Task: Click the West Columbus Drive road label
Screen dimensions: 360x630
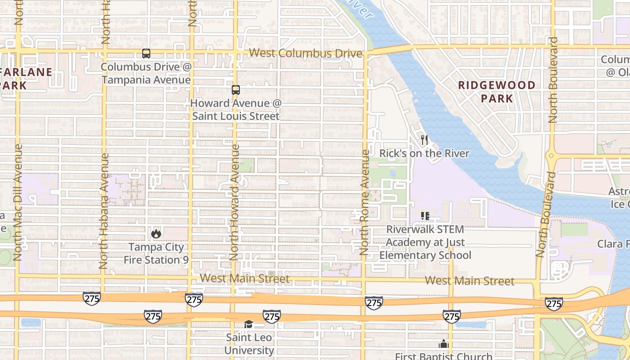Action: click(305, 53)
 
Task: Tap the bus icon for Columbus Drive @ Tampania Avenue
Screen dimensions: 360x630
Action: click(146, 54)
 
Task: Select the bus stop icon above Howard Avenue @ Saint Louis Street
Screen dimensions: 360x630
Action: click(236, 90)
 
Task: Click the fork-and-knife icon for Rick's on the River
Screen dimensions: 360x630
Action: click(424, 140)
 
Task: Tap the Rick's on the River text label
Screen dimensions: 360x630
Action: click(424, 153)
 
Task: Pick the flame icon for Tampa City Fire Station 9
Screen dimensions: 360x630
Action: click(156, 233)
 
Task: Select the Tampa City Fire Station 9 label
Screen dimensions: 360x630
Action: click(156, 253)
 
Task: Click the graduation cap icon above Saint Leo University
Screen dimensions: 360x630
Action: click(249, 324)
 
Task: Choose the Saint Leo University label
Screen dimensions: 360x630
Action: click(249, 344)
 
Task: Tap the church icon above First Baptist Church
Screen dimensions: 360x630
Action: click(444, 344)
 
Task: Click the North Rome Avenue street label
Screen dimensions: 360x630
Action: click(365, 202)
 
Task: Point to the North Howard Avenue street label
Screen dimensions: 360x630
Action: click(234, 202)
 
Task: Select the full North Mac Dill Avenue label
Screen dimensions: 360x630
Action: click(18, 202)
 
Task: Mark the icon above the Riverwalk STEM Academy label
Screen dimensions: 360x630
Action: click(425, 216)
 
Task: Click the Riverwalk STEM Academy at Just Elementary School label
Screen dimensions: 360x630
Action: click(425, 243)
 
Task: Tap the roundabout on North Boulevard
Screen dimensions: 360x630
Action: click(552, 156)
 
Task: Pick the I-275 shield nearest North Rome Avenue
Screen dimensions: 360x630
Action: click(373, 303)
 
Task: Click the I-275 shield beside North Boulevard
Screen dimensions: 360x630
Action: click(553, 304)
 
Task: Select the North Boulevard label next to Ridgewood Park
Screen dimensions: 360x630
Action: click(553, 80)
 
